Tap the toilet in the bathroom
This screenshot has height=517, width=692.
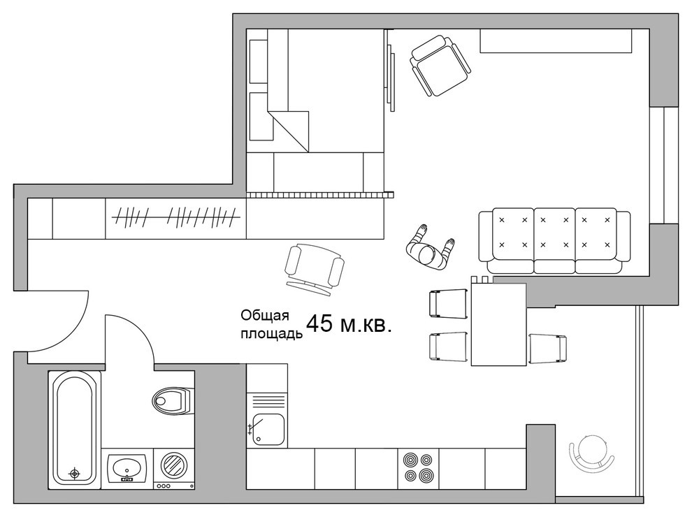(173, 401)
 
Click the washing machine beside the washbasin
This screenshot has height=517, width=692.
(174, 469)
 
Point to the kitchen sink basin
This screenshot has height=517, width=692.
(267, 430)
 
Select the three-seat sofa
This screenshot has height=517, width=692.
(555, 241)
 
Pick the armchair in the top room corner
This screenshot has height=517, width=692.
(440, 66)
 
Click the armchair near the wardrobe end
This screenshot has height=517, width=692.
(315, 270)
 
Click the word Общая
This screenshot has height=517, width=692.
(265, 316)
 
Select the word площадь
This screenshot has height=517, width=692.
(271, 333)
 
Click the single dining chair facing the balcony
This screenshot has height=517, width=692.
(547, 349)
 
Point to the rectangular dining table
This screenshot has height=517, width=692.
(498, 324)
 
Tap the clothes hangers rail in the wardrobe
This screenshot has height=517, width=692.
(177, 217)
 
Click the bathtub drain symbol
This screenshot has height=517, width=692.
(75, 474)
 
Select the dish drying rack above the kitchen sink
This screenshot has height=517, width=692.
(267, 402)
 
